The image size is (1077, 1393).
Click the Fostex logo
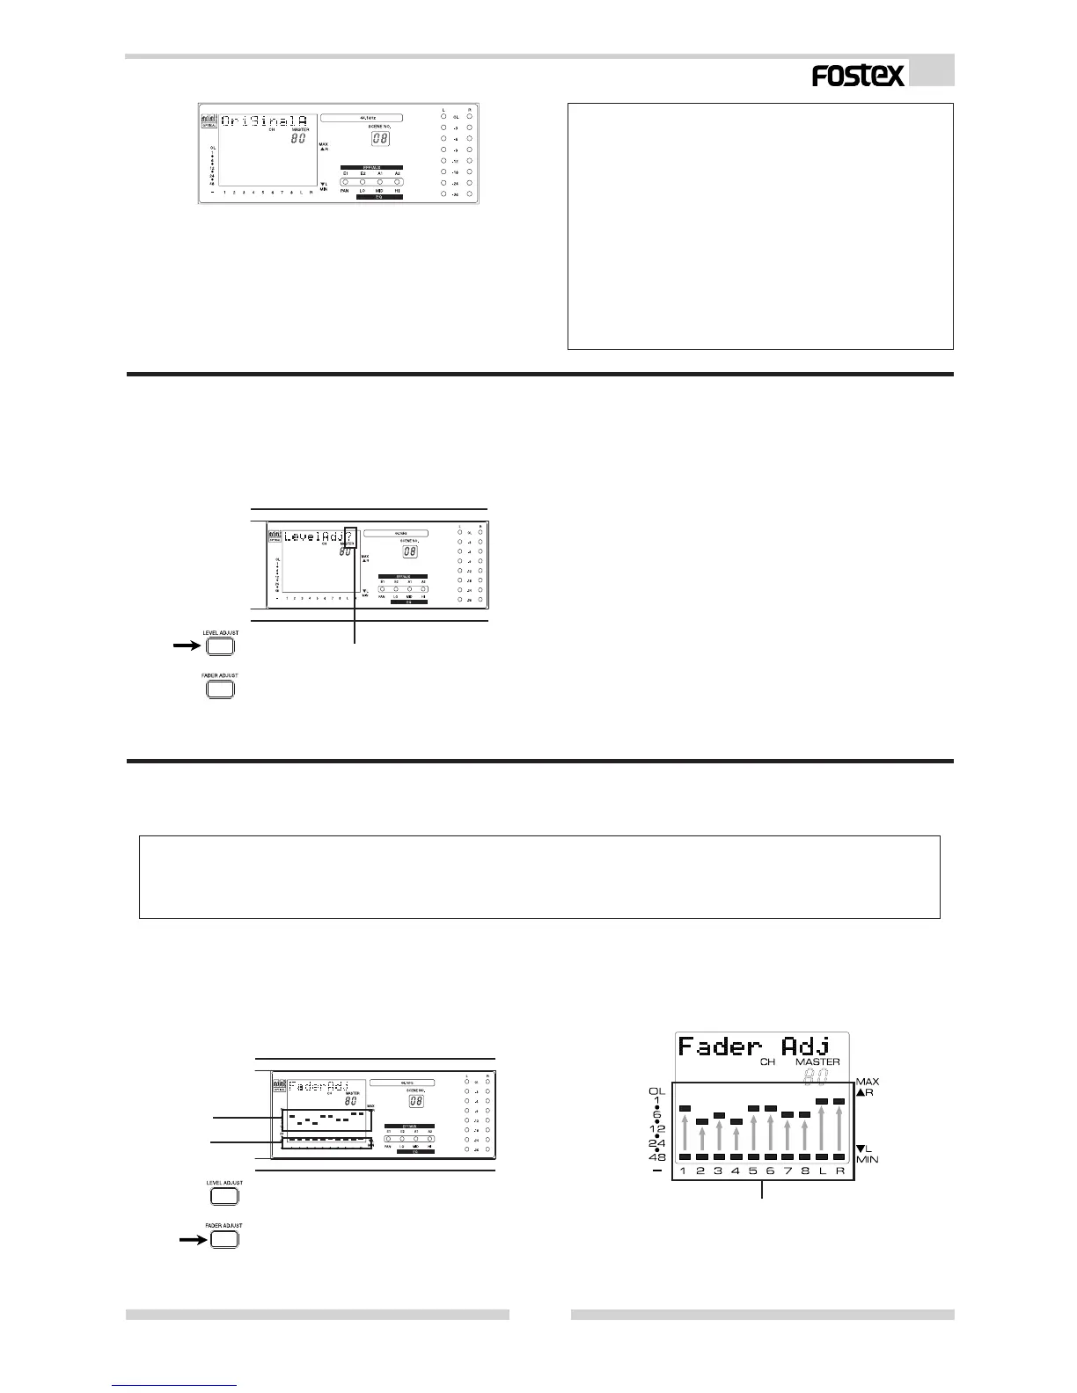click(858, 77)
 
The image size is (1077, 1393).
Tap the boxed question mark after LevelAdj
click(350, 536)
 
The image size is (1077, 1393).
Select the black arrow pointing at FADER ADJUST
click(191, 1240)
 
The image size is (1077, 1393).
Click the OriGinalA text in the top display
click(264, 120)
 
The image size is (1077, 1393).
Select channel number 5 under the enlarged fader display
click(753, 1171)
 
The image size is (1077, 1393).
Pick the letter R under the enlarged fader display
click(839, 1171)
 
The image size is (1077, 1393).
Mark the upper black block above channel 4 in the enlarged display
click(736, 1121)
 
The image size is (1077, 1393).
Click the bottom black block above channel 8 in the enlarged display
click(804, 1157)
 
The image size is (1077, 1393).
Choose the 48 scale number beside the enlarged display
click(656, 1157)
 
